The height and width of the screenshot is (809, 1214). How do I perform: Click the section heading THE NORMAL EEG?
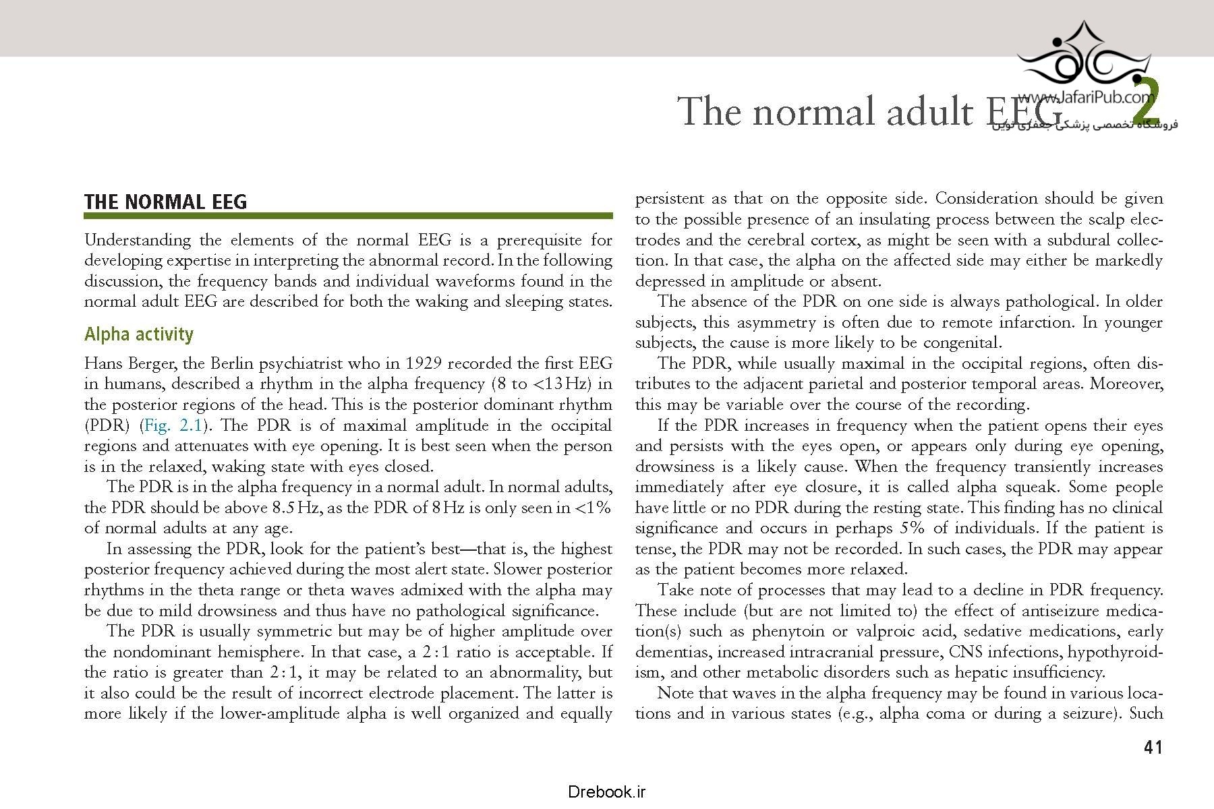(x=165, y=202)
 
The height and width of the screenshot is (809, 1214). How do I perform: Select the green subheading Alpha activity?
(x=138, y=334)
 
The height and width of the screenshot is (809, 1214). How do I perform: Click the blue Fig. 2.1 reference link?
(x=173, y=425)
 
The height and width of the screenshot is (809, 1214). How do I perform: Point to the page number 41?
(x=1153, y=747)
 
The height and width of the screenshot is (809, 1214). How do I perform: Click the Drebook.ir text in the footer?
(x=606, y=792)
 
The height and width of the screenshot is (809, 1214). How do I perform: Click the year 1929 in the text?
(x=424, y=363)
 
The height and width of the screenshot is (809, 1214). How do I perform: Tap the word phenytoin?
(x=788, y=632)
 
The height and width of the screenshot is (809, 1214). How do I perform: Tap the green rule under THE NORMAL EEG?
(x=348, y=216)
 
